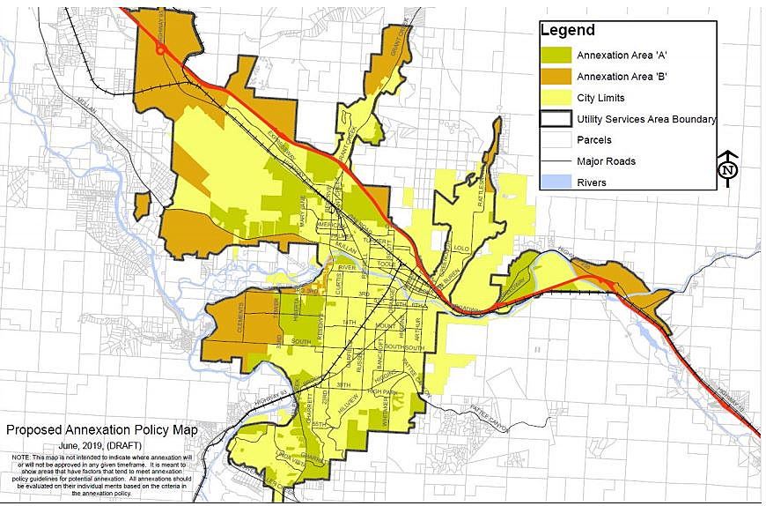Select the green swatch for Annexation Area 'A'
[556, 55]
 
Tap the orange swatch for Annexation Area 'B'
[556, 77]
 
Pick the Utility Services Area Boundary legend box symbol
[556, 119]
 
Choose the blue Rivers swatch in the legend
[556, 182]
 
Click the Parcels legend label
[594, 140]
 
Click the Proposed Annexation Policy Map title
[101, 431]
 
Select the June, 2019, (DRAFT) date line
[102, 446]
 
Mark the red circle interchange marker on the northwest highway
[160, 50]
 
